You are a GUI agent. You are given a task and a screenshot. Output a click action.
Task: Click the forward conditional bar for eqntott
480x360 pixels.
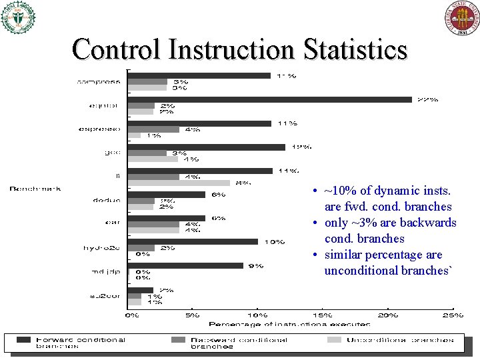pyautogui.click(x=269, y=99)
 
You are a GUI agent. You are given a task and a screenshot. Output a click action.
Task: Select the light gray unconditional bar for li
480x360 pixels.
pyautogui.click(x=179, y=183)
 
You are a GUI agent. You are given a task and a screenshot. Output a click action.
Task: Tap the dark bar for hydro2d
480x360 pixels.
pyautogui.click(x=193, y=241)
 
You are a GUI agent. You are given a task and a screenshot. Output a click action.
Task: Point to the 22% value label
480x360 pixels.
pyautogui.click(x=427, y=99)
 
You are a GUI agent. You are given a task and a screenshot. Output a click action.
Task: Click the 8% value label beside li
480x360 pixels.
pyautogui.click(x=243, y=183)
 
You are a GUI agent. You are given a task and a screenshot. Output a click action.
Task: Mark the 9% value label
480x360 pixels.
pyautogui.click(x=255, y=265)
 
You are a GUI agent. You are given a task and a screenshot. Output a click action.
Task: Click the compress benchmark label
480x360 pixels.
pyautogui.click(x=99, y=81)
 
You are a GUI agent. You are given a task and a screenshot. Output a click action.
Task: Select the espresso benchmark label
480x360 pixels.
pyautogui.click(x=99, y=129)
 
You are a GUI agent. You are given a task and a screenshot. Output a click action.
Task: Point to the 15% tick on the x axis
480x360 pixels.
pyautogui.click(x=322, y=315)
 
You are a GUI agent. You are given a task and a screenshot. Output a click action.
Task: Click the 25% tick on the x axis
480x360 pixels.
pyautogui.click(x=453, y=315)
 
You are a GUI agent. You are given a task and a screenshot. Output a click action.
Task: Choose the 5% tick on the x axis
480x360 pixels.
pyautogui.click(x=192, y=315)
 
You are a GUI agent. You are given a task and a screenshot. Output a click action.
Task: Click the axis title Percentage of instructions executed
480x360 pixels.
pyautogui.click(x=289, y=324)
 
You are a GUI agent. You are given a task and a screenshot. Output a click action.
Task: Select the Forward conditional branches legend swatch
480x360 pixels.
pyautogui.click(x=23, y=339)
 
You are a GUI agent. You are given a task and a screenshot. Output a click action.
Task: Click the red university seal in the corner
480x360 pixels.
pyautogui.click(x=461, y=17)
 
